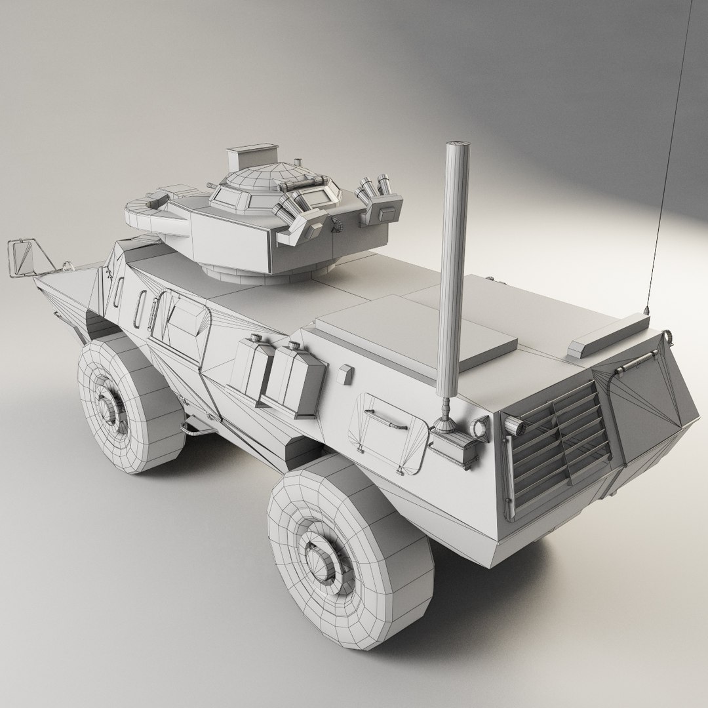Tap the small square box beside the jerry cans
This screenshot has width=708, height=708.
click(x=345, y=374)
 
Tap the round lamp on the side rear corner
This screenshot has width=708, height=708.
click(x=481, y=427)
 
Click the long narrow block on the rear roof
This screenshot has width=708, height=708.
click(x=608, y=334)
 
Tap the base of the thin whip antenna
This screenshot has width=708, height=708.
click(x=647, y=309)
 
